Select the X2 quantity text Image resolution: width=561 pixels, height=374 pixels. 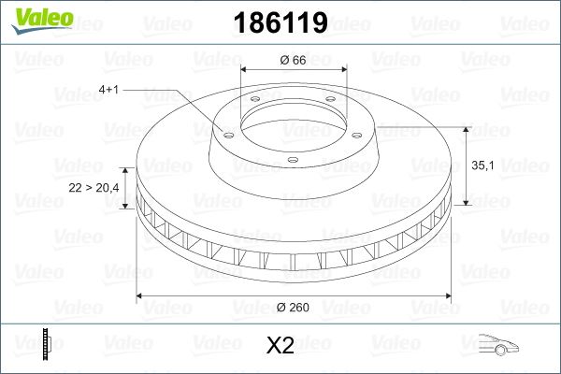(x=280, y=347)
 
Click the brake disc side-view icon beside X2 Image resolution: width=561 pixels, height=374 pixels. (x=46, y=345)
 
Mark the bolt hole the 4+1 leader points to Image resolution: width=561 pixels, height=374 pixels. (x=224, y=130)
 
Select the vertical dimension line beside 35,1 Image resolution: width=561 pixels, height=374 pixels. (x=465, y=165)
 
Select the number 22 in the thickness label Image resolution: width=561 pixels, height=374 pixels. (x=76, y=188)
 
